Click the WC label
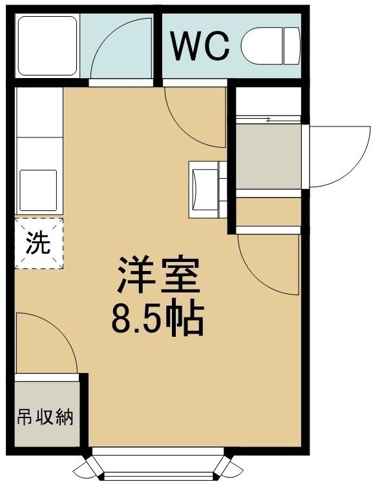[200, 46]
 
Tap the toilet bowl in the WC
[262, 46]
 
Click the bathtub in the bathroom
[47, 46]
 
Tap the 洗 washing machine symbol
[39, 243]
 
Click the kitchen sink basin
[39, 190]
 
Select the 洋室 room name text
[159, 274]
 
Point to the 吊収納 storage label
[45, 417]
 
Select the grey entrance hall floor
[268, 156]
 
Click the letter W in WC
[185, 46]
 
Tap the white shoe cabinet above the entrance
[268, 101]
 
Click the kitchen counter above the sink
[39, 112]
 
